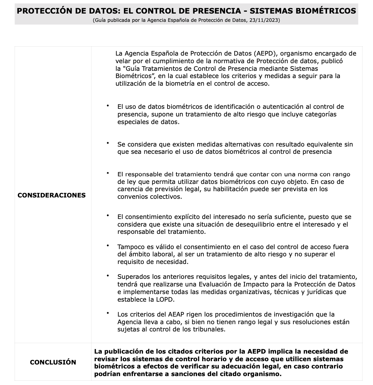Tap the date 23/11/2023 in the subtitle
tap(265, 20)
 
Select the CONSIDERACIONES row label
tap(52, 195)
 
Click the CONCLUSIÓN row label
tap(53, 362)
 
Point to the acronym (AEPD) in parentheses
tap(264, 53)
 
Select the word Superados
tap(132, 277)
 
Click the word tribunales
tap(210, 329)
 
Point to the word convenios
tap(131, 197)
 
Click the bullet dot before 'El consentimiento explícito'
tap(108, 215)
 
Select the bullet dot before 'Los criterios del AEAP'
tap(108, 313)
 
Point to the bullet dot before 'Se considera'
tap(108, 143)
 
